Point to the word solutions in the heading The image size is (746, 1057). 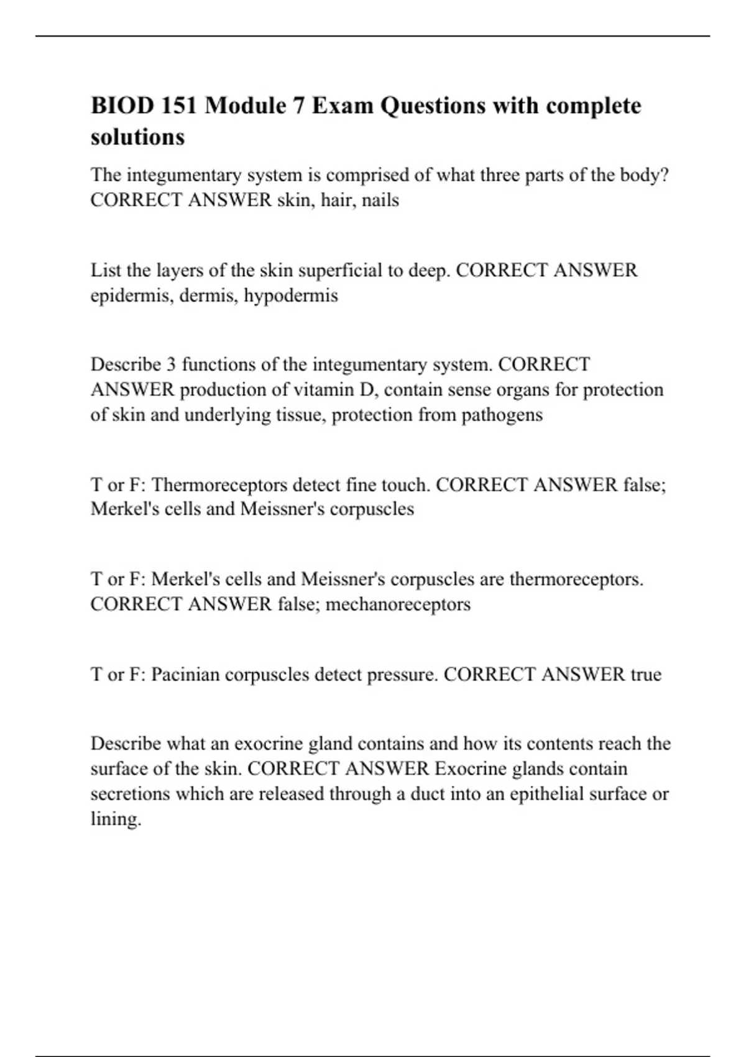coord(137,136)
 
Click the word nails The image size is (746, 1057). coord(380,200)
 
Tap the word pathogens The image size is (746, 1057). coord(502,415)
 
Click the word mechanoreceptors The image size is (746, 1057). coord(398,604)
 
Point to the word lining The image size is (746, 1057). coord(116,819)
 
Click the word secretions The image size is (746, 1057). coord(130,794)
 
